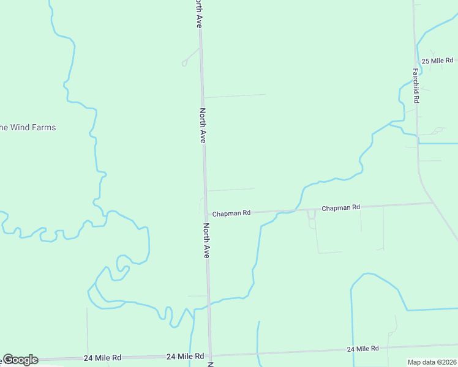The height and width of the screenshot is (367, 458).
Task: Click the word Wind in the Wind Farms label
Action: tap(21, 127)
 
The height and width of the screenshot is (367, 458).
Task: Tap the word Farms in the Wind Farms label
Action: tap(44, 127)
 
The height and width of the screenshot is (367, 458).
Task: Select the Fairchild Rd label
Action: tap(415, 84)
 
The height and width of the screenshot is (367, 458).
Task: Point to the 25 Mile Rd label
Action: tap(437, 60)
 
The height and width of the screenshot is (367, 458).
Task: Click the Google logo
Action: tap(20, 360)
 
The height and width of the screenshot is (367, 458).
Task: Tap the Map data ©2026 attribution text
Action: tap(431, 362)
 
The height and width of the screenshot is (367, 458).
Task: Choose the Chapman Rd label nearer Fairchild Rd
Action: tap(340, 208)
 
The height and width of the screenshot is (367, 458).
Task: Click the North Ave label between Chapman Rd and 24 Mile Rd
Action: tap(206, 240)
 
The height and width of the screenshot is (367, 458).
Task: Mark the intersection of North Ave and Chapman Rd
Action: tap(206, 214)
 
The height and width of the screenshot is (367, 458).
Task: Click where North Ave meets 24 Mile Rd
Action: tap(210, 355)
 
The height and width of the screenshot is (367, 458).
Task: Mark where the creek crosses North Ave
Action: tap(209, 303)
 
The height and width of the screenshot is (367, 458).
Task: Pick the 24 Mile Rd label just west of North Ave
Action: tap(185, 356)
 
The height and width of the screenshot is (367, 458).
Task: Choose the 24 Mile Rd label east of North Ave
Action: tap(362, 349)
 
